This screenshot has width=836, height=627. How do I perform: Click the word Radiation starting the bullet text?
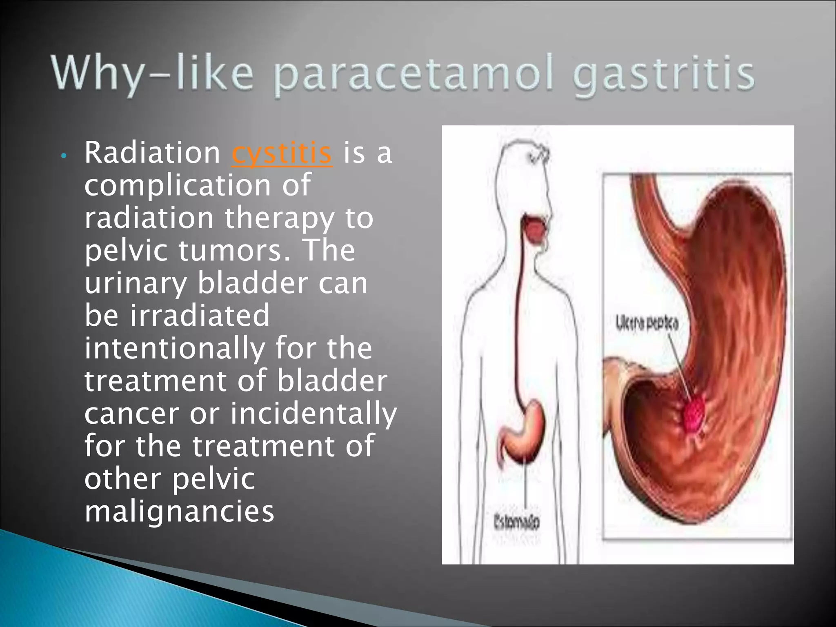[152, 153]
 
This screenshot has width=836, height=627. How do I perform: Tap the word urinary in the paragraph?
[135, 283]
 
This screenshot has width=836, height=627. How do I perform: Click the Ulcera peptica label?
[647, 324]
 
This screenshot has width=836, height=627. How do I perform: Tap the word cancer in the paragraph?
[131, 413]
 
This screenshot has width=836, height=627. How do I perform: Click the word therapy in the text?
[279, 218]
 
